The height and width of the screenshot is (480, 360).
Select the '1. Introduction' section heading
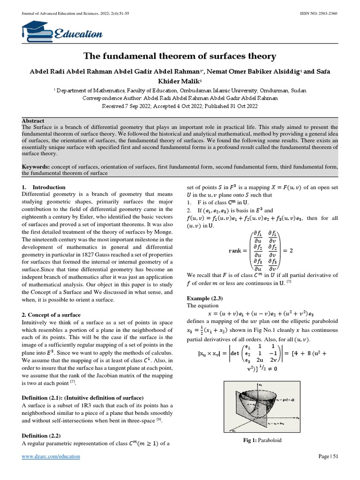point(44,187)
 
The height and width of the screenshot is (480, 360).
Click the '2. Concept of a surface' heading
point(52,315)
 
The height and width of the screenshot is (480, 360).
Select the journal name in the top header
point(75,13)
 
